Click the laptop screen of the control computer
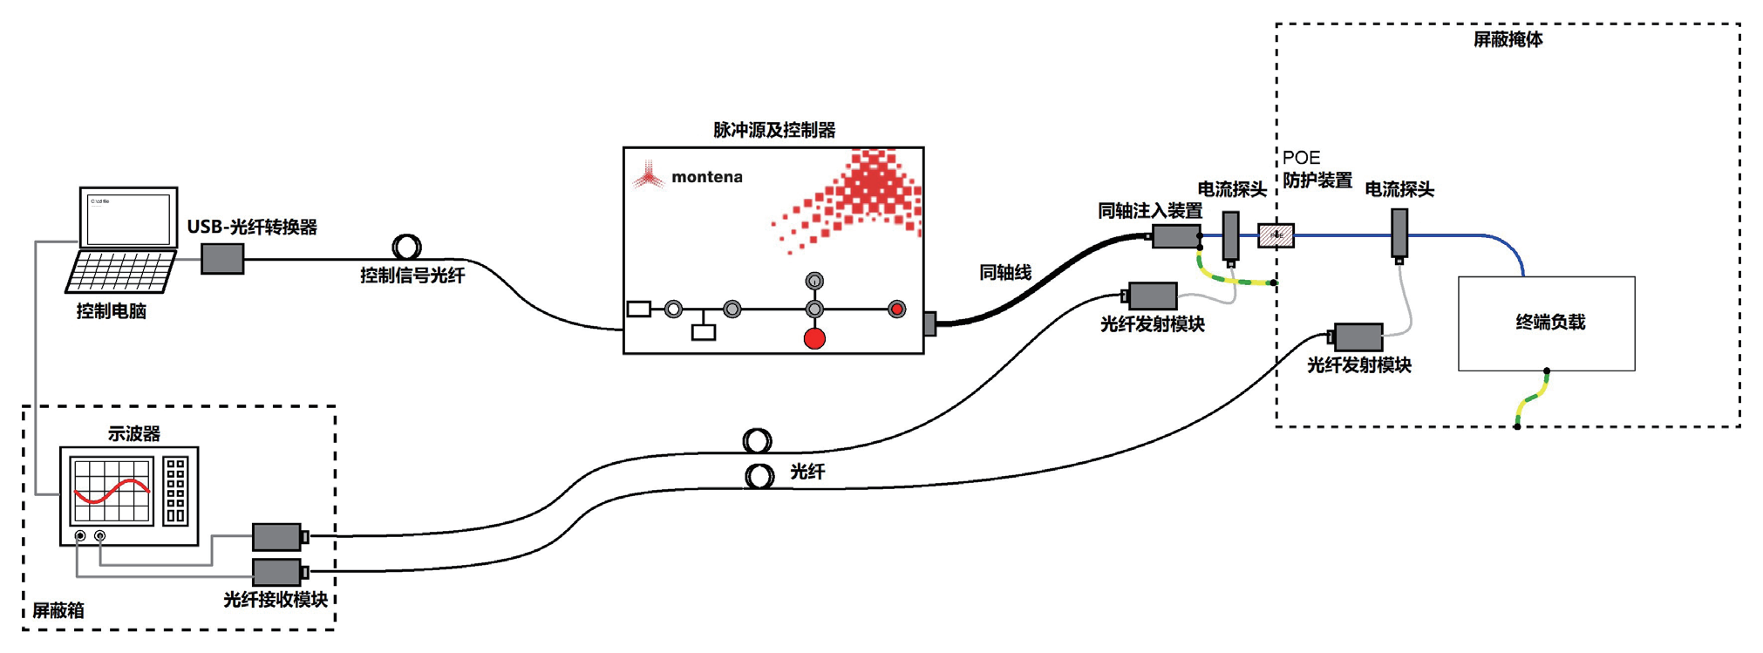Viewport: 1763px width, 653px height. click(129, 219)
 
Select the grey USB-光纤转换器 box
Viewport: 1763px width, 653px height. click(222, 259)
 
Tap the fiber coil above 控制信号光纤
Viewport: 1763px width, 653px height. click(406, 247)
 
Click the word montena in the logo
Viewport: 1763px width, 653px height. click(706, 177)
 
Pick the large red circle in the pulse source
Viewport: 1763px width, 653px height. click(814, 338)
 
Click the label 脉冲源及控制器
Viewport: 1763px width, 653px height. click(774, 130)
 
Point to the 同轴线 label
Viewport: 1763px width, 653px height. click(1004, 273)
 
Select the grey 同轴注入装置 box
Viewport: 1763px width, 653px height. click(1175, 236)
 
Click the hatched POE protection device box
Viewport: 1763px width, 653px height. click(1276, 235)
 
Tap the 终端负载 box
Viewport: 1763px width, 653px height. click(1546, 323)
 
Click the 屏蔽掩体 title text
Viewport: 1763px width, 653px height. click(1508, 40)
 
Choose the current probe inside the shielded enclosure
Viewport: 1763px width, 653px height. click(1399, 233)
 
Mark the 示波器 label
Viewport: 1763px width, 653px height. click(133, 433)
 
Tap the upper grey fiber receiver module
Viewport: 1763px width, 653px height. click(277, 536)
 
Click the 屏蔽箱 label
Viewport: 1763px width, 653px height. click(58, 610)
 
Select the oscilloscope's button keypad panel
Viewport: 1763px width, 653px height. click(175, 491)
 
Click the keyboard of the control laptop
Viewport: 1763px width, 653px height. click(120, 272)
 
